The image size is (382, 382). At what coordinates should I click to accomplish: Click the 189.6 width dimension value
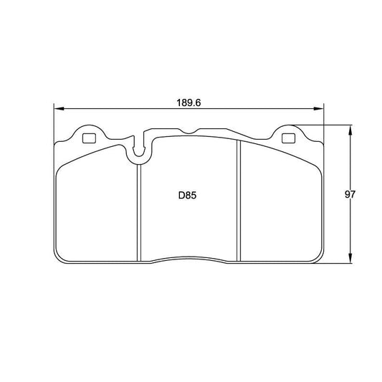189,102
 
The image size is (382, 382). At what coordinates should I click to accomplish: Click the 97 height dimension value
350,194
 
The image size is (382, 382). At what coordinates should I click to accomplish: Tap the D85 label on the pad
188,194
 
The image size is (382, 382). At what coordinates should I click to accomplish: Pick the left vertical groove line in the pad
138,208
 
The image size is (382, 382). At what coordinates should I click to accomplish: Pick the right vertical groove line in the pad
238,201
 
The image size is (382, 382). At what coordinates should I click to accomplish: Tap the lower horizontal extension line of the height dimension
337,262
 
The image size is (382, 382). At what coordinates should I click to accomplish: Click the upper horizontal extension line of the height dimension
330,126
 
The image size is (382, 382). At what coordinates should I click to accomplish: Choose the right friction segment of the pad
280,208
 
